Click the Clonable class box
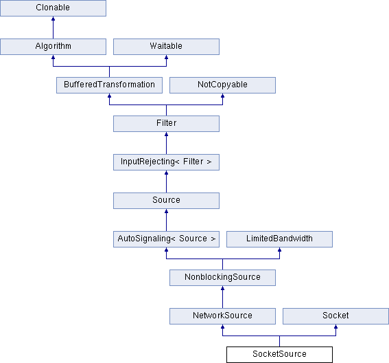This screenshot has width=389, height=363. [53, 8]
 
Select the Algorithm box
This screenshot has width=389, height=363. [53, 47]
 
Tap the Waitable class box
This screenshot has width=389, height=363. [166, 47]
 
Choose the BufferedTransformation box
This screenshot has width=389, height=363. [109, 85]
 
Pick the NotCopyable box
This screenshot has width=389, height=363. [222, 85]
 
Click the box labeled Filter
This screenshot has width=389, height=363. [166, 124]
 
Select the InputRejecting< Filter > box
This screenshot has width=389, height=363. [166, 162]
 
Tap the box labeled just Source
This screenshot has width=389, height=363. [166, 201]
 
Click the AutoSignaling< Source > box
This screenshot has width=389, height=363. [166, 239]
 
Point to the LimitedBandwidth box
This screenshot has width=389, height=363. [280, 239]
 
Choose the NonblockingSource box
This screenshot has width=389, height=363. [222, 278]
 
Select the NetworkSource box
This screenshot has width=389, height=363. [222, 316]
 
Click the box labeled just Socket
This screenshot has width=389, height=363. [336, 316]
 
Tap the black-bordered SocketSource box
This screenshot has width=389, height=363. [280, 355]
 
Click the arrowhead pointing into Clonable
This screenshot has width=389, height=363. [53, 19]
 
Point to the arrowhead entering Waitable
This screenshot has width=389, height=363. [166, 57]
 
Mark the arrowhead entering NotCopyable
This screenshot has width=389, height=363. [222, 96]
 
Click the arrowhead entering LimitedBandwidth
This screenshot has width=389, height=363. [280, 250]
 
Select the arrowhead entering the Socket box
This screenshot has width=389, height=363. [336, 327]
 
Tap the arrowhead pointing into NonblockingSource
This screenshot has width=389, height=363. [222, 288]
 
